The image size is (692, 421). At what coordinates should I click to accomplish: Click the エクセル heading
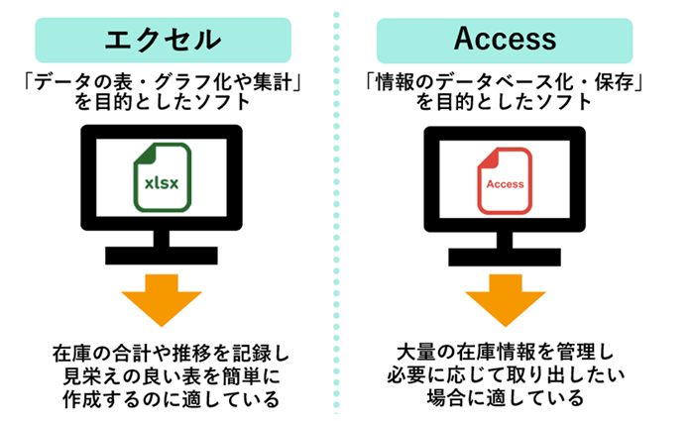pos(163,40)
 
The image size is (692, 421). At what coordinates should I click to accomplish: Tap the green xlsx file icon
pos(163,178)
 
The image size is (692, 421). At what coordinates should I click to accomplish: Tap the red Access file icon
pos(505,178)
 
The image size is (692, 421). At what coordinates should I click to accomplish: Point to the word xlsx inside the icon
pos(163,184)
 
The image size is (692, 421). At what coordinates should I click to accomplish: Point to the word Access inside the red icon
pos(505,185)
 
